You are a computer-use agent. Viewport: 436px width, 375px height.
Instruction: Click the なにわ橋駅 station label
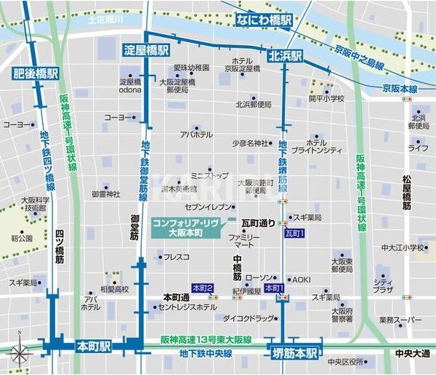click(x=264, y=20)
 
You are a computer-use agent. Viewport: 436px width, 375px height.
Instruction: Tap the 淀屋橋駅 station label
click(x=143, y=50)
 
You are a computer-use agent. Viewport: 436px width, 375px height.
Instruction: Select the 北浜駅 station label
click(x=286, y=55)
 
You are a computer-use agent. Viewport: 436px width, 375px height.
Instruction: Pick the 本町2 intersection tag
click(x=202, y=288)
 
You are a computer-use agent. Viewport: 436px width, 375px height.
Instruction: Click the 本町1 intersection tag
click(x=274, y=288)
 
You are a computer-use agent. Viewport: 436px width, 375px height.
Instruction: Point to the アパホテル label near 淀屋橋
click(x=196, y=134)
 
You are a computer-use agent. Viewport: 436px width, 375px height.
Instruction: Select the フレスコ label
click(x=176, y=257)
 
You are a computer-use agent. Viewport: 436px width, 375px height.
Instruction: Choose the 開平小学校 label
click(x=326, y=98)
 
